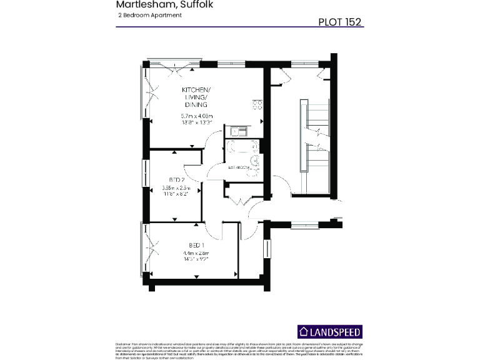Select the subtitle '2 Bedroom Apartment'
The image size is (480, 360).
(x=149, y=15)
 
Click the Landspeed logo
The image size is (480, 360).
(x=329, y=332)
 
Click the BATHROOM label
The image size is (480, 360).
(x=239, y=167)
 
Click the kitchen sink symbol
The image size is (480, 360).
(x=238, y=131)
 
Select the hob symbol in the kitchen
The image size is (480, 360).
(x=257, y=104)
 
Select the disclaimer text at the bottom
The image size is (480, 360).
(x=240, y=349)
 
